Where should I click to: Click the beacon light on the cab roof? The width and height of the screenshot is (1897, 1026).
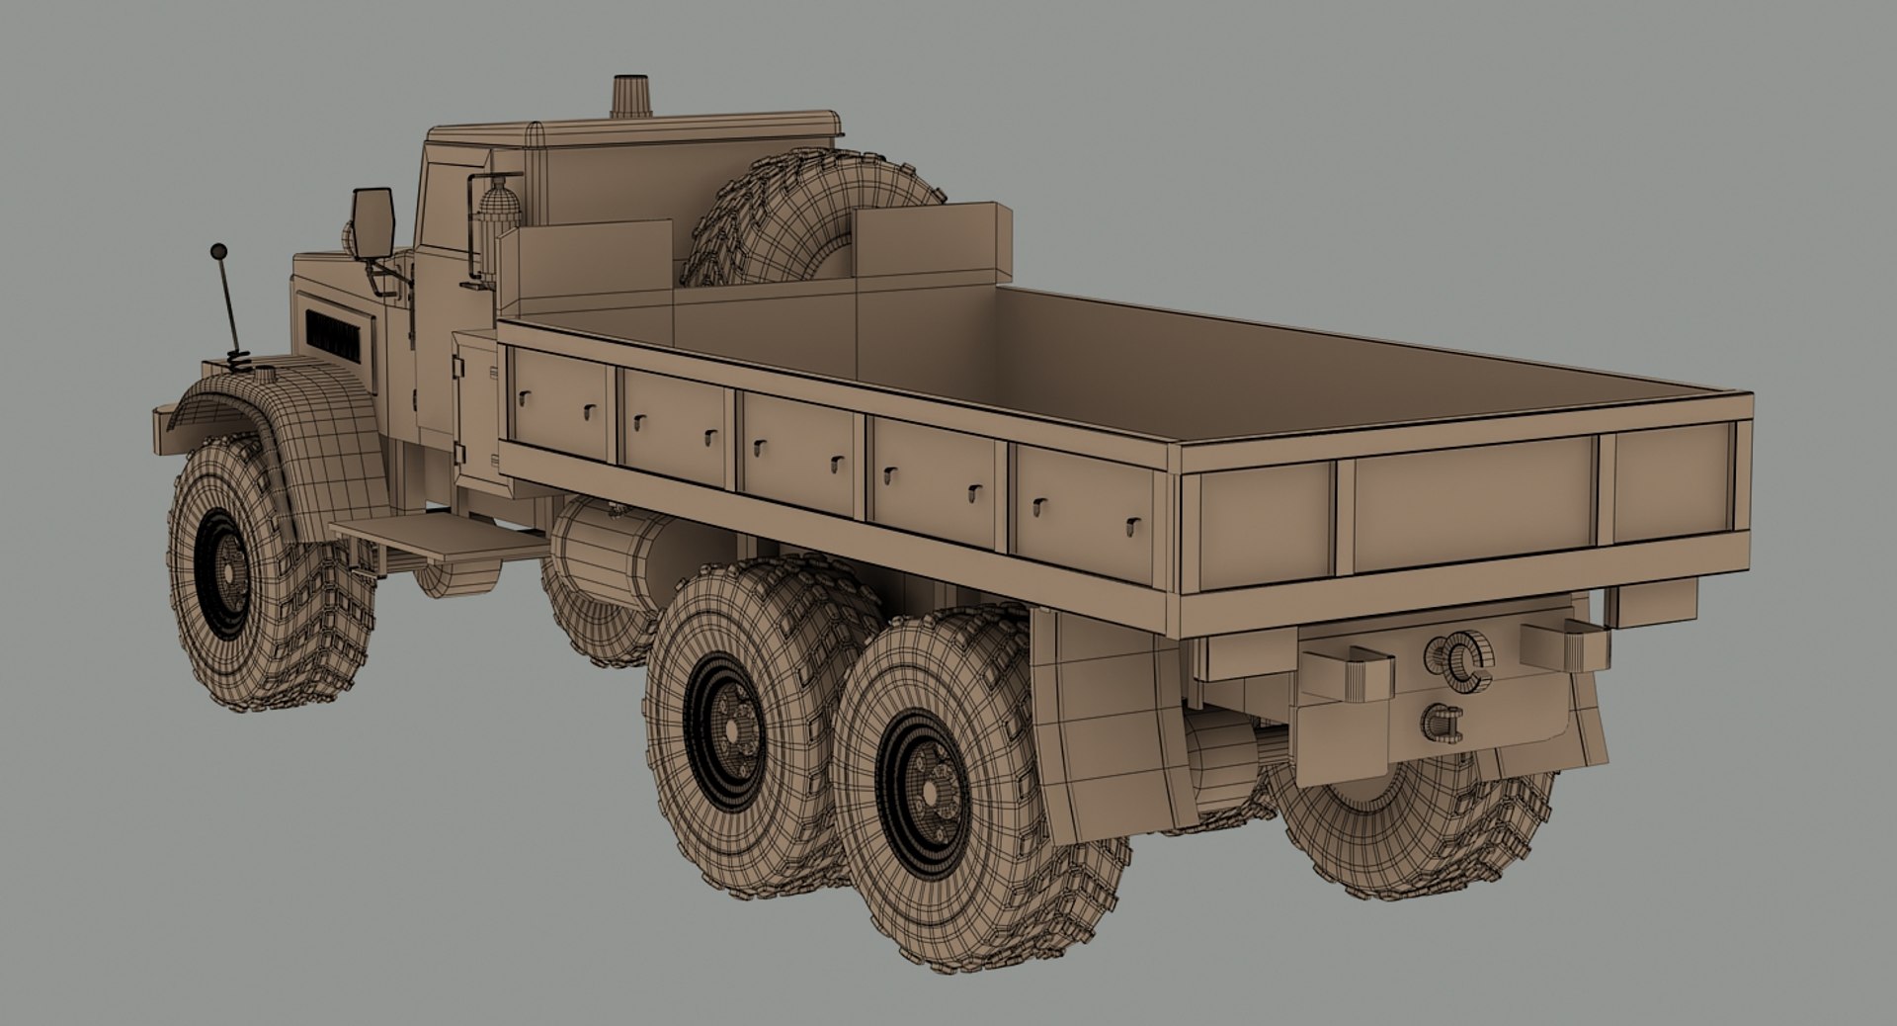click(627, 97)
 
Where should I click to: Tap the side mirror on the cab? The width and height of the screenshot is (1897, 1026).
click(373, 221)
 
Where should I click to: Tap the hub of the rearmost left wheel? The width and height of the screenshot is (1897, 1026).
click(929, 781)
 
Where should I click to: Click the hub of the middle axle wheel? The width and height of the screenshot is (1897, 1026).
click(731, 727)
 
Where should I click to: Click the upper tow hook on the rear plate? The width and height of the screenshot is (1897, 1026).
click(1458, 657)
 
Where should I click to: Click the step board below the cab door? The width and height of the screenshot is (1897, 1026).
click(440, 539)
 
